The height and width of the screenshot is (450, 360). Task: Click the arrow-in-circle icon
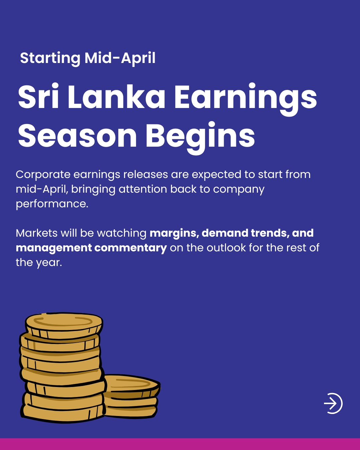333,403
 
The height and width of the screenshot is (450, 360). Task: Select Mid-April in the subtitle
120,58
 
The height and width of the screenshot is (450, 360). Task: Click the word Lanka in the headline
117,97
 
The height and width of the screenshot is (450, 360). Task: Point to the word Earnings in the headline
246,99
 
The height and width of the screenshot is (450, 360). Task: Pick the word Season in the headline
77,136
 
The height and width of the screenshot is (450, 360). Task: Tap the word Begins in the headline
200,138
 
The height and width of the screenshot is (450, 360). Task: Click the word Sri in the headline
38,96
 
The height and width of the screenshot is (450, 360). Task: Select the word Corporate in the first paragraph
43,175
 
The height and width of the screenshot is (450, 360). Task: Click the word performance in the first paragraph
52,204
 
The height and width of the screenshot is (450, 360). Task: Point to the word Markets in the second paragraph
37,233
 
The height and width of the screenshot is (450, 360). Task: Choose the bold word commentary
131,248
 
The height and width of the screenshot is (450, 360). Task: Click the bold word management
54,248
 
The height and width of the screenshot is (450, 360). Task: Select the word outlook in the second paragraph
226,248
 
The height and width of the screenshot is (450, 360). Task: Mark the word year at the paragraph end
49,263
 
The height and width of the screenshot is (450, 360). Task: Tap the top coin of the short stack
132,385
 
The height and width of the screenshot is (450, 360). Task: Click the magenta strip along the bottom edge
180,444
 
